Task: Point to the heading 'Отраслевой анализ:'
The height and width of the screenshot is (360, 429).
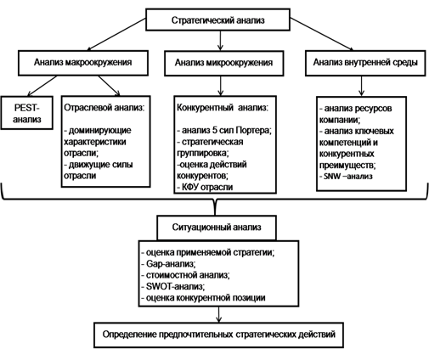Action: pyautogui.click(x=104, y=108)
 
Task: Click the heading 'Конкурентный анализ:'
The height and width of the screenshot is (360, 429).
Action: pyautogui.click(x=223, y=108)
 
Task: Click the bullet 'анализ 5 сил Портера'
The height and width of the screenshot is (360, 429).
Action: pyautogui.click(x=224, y=130)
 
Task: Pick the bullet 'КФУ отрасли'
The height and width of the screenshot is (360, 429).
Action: pyautogui.click(x=205, y=187)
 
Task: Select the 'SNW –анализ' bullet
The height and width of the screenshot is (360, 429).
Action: pyautogui.click(x=346, y=177)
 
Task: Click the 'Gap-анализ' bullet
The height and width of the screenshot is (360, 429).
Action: pyautogui.click(x=168, y=264)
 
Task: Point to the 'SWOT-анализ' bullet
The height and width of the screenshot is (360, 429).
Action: pyautogui.click(x=173, y=286)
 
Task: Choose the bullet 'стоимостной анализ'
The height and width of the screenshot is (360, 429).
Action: pyautogui.click(x=185, y=275)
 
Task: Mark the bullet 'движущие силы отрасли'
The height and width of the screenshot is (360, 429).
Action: pyautogui.click(x=99, y=170)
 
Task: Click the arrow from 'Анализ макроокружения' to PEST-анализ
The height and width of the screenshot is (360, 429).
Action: pyautogui.click(x=42, y=86)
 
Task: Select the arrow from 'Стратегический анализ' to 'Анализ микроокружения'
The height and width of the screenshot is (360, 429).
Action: pyautogui.click(x=220, y=41)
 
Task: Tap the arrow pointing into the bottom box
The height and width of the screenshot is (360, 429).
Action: pyautogui.click(x=218, y=314)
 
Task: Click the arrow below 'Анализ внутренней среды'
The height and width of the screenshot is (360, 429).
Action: pyautogui.click(x=361, y=87)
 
